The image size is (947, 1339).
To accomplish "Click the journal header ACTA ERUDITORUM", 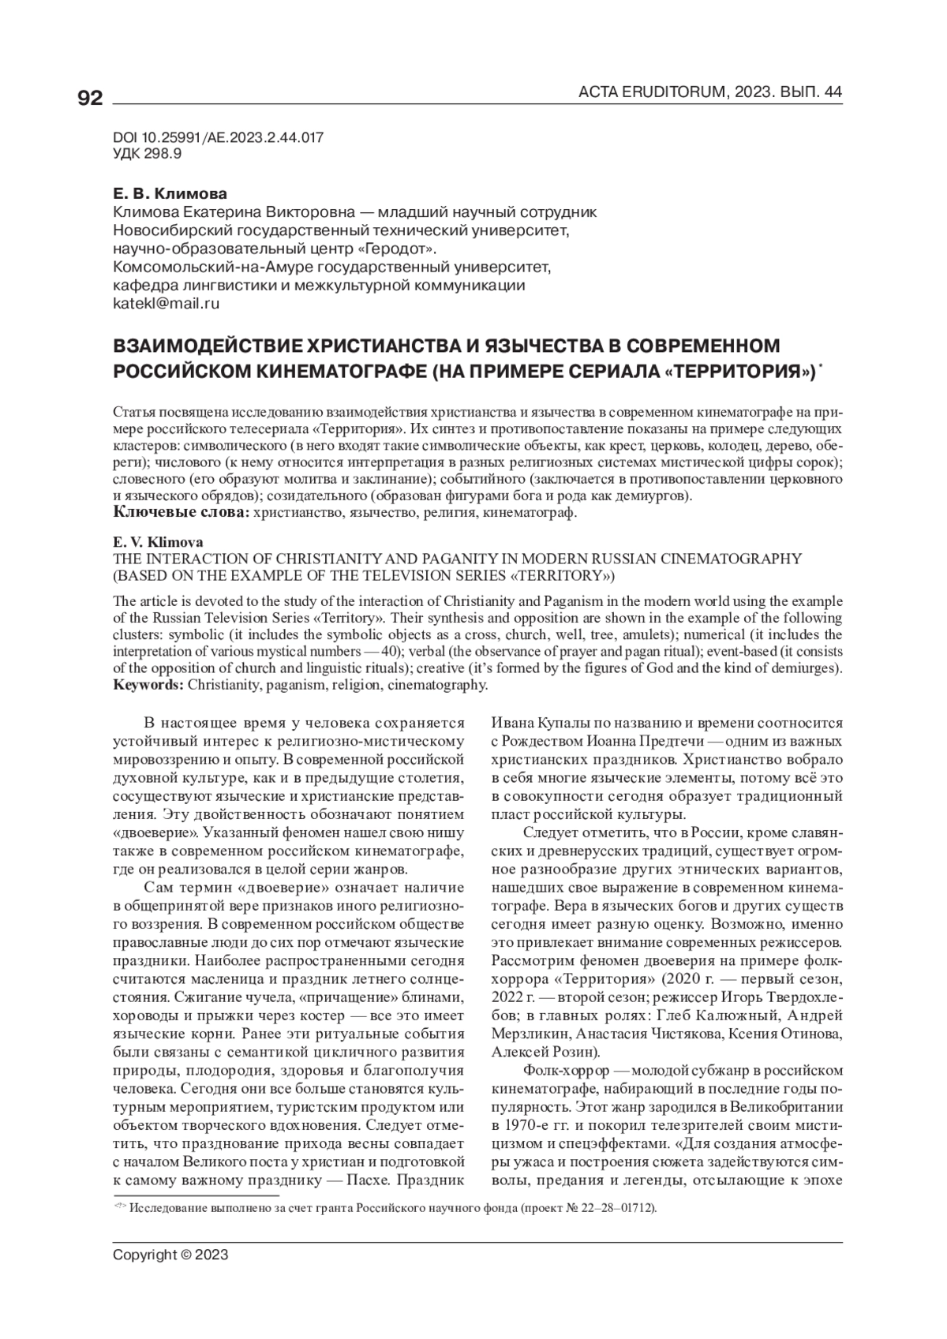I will (651, 93).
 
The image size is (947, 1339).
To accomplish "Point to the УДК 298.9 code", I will (148, 154).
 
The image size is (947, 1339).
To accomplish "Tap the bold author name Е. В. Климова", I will (170, 194).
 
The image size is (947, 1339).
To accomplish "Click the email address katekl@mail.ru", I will (167, 302).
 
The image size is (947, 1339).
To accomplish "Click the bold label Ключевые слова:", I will (182, 514).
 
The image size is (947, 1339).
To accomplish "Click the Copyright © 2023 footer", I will (170, 1255).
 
